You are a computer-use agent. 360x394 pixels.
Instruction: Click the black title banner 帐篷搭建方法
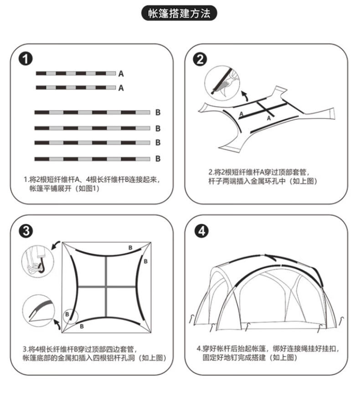coord(180,14)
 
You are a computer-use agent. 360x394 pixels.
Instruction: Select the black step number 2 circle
coord(201,59)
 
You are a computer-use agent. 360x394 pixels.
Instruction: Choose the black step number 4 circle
coord(201,231)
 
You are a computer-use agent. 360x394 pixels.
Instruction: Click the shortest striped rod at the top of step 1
coord(76,73)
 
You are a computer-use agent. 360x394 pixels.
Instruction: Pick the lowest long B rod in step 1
coord(93,159)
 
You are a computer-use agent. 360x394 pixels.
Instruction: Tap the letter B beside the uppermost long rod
coord(158,112)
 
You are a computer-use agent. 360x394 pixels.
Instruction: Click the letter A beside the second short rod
coord(121,88)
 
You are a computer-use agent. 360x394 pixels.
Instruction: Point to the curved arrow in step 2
coord(245,95)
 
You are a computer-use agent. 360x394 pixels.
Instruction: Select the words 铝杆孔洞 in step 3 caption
coord(122,358)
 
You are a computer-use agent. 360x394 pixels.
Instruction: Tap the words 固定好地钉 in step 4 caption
coord(219,358)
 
